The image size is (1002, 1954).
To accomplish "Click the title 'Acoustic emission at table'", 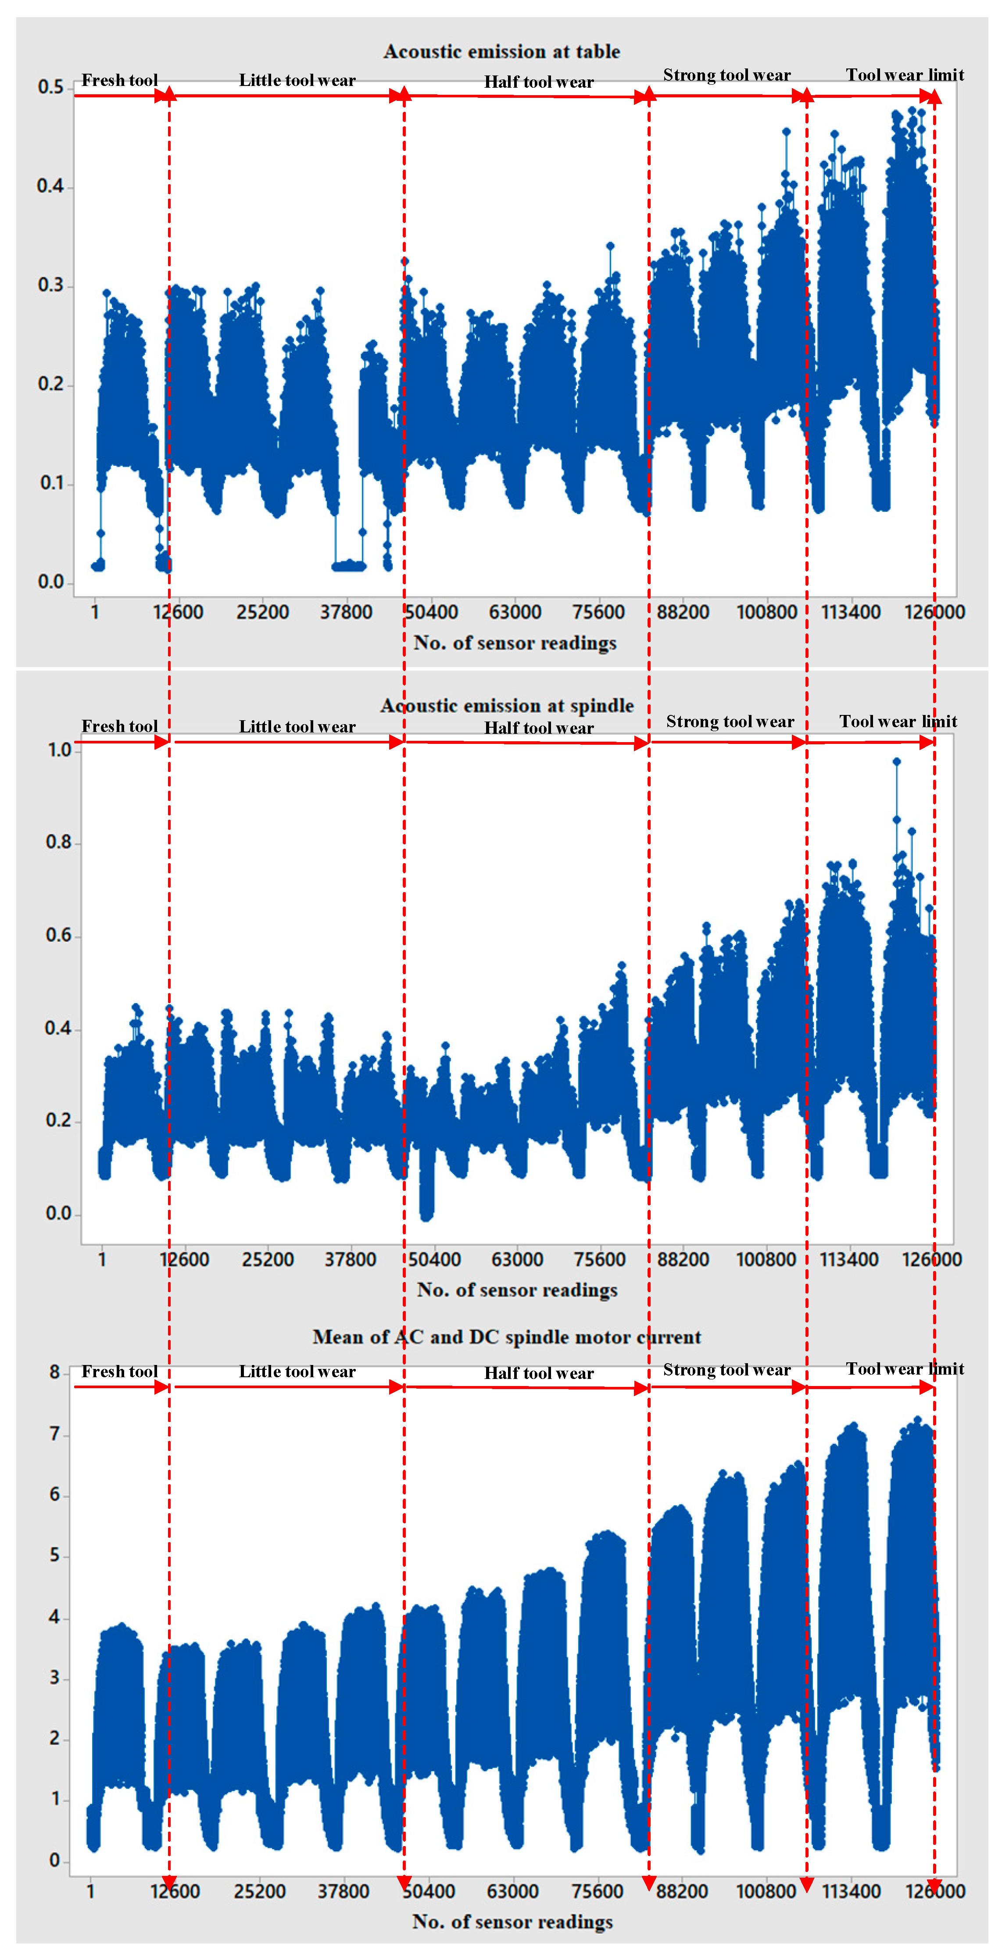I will coord(501,52).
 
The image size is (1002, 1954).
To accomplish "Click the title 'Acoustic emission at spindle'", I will coord(507,705).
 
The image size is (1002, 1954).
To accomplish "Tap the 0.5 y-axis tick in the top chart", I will coord(51,87).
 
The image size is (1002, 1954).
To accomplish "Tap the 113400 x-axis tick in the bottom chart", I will coord(851,1890).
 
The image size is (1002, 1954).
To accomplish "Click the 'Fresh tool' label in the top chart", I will coord(120,80).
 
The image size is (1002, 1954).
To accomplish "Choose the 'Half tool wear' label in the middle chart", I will coord(539,728).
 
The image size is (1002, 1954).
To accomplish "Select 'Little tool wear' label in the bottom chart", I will coord(297,1372).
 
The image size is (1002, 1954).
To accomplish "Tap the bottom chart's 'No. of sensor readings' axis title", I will coord(513,1922).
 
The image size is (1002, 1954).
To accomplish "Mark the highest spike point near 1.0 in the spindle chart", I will coord(897,761).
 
